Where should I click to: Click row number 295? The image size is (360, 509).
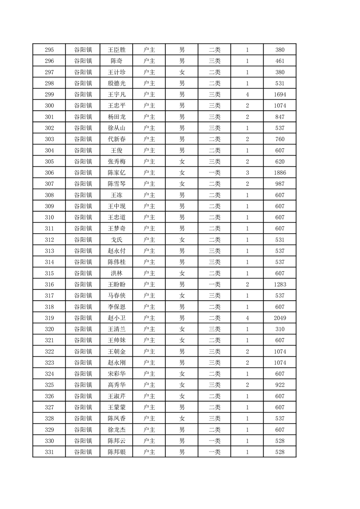tap(49, 50)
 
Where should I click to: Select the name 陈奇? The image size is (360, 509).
tap(116, 61)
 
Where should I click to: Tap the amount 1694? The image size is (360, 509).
tap(280, 95)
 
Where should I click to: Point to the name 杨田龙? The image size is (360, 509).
tap(116, 117)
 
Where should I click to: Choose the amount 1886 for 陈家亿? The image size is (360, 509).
tap(280, 173)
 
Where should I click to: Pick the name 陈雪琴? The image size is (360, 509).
tap(116, 184)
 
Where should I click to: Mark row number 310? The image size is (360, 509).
tap(49, 217)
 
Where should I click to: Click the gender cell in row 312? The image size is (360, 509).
tap(182, 240)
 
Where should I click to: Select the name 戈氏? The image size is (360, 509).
tap(116, 240)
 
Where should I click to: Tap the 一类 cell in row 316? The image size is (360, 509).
tap(214, 284)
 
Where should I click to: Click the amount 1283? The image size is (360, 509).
tap(280, 284)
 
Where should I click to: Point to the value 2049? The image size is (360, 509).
tap(280, 318)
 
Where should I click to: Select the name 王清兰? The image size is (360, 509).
tap(116, 329)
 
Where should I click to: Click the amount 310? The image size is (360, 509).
tap(280, 329)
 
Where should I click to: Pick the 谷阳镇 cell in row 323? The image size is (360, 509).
tap(83, 363)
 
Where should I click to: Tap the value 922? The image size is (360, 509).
tap(280, 385)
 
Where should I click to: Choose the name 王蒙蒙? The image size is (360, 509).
tap(116, 407)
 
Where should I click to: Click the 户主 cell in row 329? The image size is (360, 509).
tap(149, 430)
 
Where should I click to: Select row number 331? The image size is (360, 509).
tap(49, 452)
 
